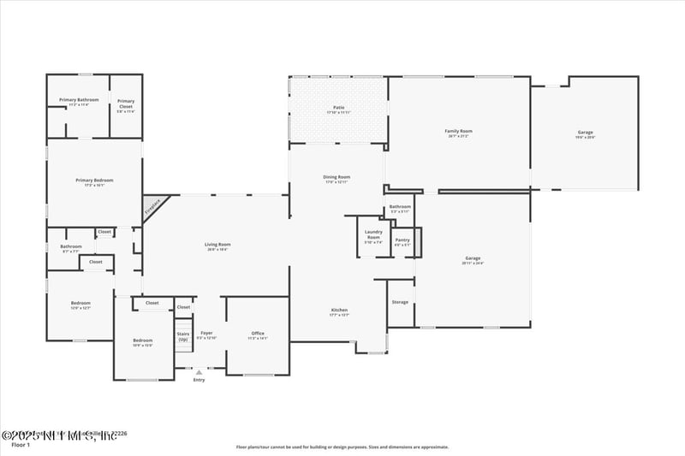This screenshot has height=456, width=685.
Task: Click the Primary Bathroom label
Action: click(79, 100)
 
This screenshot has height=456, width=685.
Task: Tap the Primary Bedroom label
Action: click(94, 181)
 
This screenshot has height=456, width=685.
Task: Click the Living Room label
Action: click(217, 245)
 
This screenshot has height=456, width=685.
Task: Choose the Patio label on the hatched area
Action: click(338, 108)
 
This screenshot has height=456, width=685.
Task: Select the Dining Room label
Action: click(337, 177)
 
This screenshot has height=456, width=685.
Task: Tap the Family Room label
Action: click(458, 132)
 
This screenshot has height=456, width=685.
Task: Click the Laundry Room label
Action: click(373, 234)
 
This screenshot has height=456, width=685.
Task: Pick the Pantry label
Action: click(402, 240)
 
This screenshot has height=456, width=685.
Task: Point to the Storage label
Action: click(400, 302)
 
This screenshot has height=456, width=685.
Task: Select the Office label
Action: click(258, 333)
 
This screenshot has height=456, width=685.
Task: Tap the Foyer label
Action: click(206, 333)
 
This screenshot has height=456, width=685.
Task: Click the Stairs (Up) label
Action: click(182, 336)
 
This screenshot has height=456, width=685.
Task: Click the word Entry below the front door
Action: click(199, 380)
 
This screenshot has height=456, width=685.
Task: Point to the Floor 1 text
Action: click(21, 445)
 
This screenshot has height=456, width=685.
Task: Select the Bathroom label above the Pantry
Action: click(400, 206)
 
